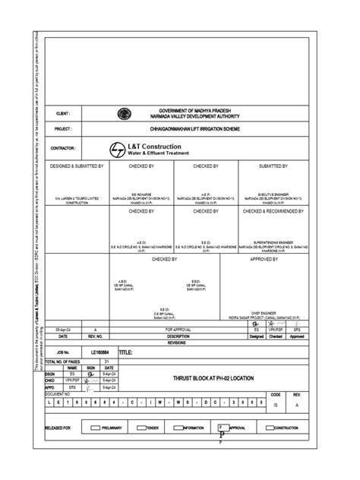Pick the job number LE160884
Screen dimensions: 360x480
100,353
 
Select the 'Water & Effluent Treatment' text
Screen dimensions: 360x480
162,152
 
